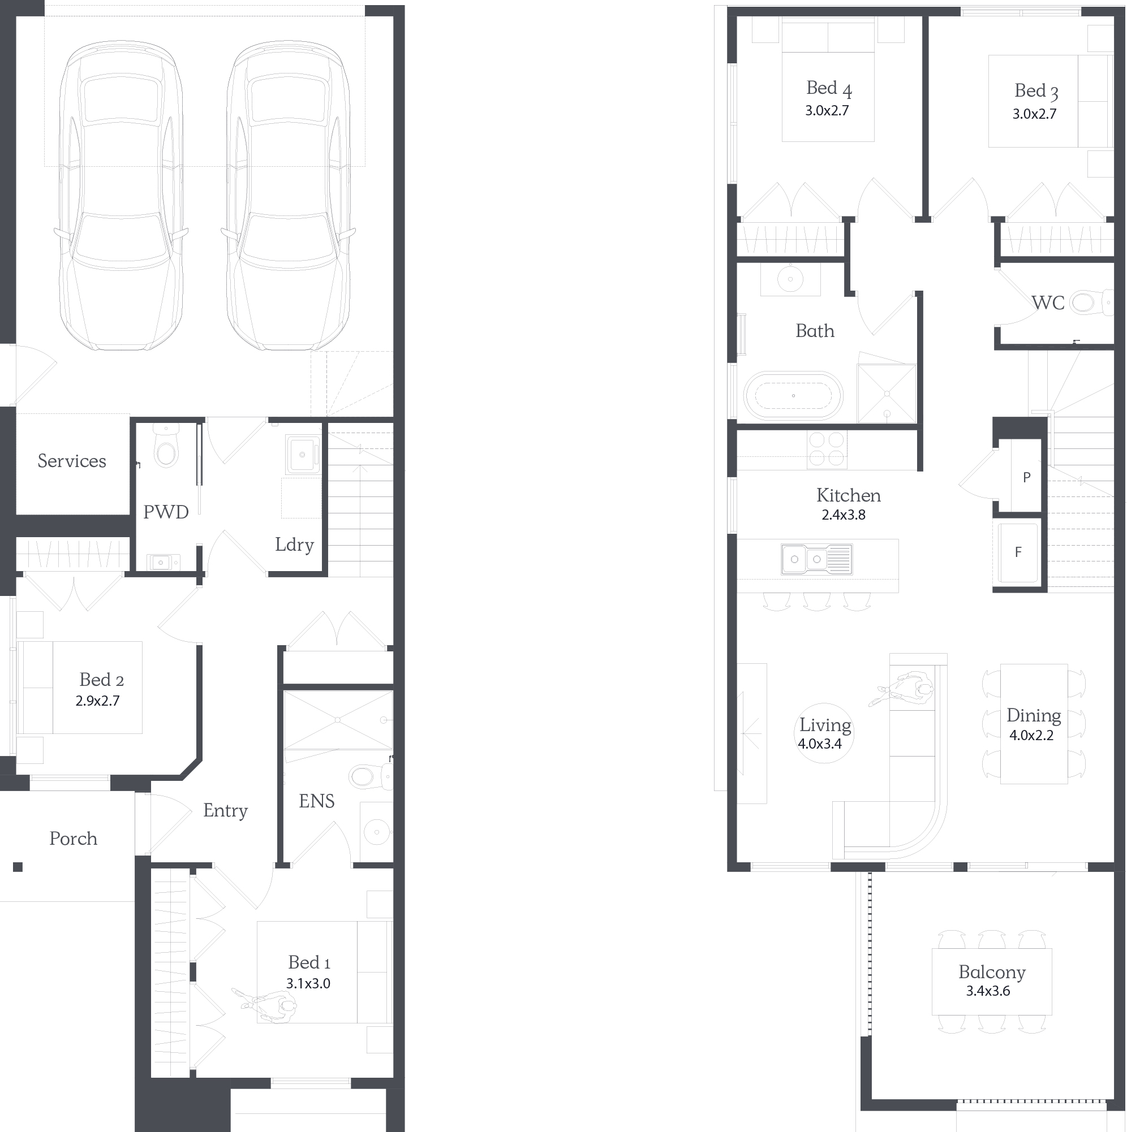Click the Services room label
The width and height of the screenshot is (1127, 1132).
coord(71,461)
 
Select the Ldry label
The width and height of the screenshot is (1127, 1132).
coord(294,545)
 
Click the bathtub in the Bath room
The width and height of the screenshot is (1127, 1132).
coord(793,395)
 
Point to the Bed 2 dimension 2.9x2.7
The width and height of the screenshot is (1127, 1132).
coord(97,701)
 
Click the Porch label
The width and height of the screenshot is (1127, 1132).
coord(74,839)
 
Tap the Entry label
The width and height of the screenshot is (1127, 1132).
coord(225,810)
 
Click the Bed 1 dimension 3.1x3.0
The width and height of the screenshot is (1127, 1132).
coord(308,984)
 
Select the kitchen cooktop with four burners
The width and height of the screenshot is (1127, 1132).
coord(827,450)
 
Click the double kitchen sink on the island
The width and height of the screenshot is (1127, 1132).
coord(816,559)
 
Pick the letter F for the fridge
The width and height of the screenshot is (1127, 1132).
coord(1018,552)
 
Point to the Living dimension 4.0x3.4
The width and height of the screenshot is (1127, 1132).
coord(819,744)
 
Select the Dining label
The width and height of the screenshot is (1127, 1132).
coord(1034,715)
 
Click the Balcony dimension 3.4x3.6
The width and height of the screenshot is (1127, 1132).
coord(988,991)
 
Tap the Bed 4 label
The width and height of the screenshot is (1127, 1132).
coord(828,88)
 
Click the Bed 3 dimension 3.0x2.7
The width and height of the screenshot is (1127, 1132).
coord(1034,114)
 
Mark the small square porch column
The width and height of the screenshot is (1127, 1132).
coord(18,867)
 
